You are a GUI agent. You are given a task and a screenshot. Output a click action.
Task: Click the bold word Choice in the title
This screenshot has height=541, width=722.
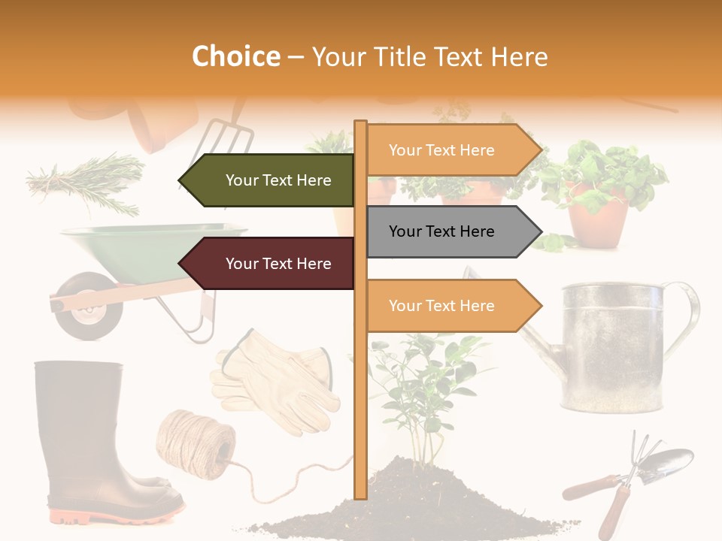pyautogui.click(x=235, y=56)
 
